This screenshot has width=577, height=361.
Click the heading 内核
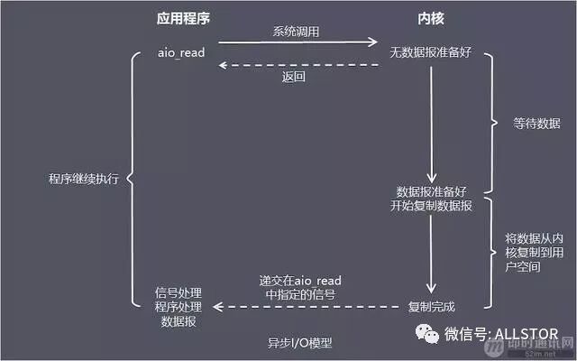coord(432,17)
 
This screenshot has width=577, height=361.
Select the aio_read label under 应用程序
coord(181,53)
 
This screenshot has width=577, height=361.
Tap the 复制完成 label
coord(433,305)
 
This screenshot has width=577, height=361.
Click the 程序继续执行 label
coord(83,177)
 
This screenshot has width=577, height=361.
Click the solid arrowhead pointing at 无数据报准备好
coord(371,42)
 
